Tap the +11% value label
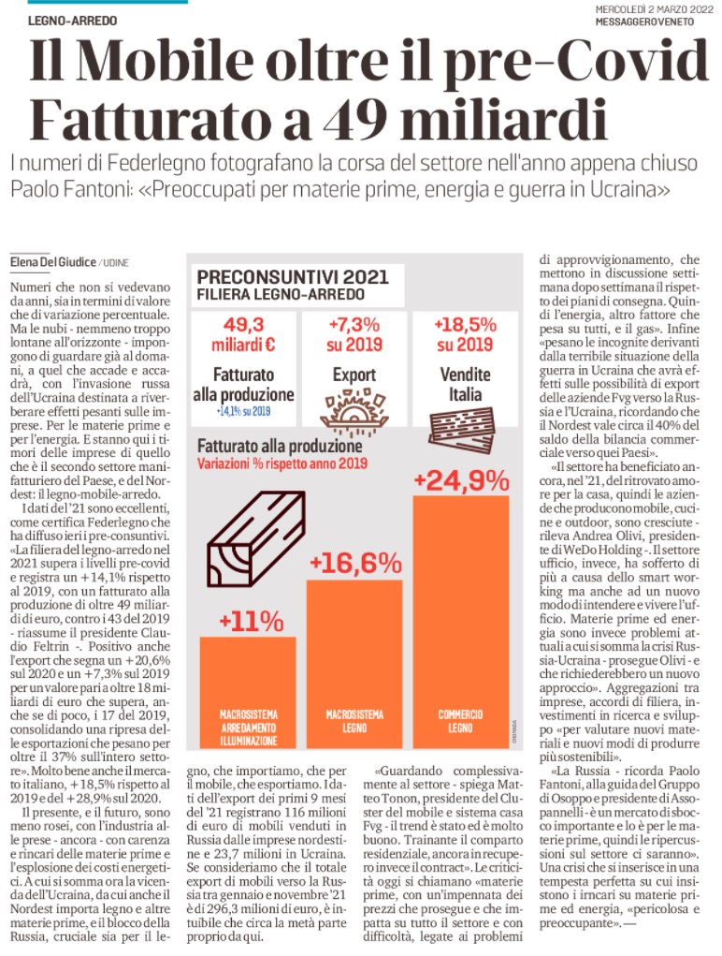(252, 621)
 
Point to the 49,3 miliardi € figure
(242, 333)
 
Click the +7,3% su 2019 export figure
(354, 333)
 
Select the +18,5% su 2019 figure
(465, 333)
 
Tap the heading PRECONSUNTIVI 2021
(280, 277)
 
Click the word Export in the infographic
(354, 375)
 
